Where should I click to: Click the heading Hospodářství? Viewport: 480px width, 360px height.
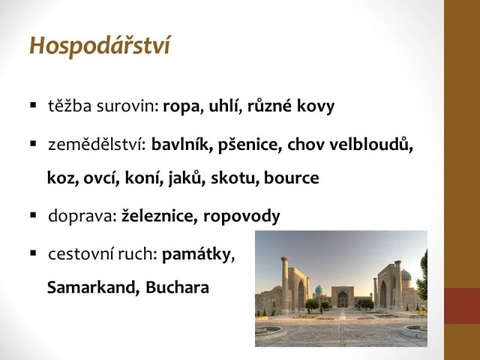point(100,46)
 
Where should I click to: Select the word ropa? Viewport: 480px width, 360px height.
point(181,106)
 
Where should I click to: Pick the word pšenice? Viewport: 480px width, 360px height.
point(250,145)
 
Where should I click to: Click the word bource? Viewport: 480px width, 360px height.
point(292,178)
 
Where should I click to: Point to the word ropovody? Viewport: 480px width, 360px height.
point(241,217)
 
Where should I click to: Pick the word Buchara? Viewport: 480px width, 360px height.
point(177,287)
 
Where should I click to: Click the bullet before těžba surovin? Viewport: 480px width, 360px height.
point(33,106)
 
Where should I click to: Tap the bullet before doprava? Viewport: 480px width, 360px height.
point(33,215)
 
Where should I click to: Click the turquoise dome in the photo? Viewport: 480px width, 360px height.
point(319,289)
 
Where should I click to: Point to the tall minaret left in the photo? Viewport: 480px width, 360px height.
point(285,285)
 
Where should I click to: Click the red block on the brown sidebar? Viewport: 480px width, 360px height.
point(462,306)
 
